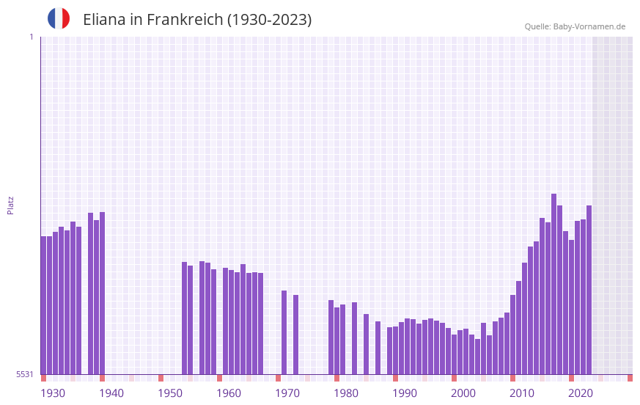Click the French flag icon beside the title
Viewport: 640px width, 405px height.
59,18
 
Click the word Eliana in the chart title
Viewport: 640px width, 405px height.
104,20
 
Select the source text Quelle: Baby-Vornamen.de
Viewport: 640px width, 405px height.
575,26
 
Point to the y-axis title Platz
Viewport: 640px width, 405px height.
10,205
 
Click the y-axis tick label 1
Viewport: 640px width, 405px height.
31,37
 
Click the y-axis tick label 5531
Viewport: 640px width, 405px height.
25,374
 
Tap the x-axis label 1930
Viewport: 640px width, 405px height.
53,393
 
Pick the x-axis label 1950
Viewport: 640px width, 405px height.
170,393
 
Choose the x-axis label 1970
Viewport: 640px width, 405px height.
287,393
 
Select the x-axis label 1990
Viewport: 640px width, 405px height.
405,393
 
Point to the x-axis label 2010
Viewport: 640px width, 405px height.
522,393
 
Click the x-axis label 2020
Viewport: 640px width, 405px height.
581,393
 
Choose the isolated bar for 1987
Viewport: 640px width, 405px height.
378,348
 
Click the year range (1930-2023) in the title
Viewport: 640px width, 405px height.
268,20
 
